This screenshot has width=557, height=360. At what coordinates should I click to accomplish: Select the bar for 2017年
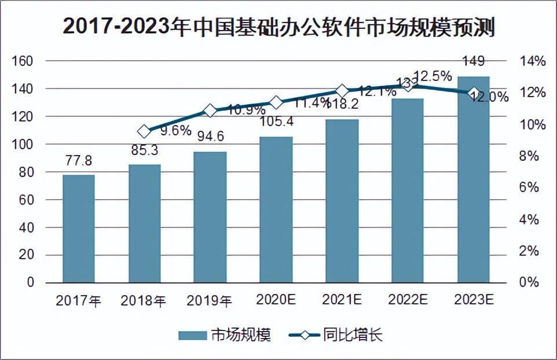(x=78, y=228)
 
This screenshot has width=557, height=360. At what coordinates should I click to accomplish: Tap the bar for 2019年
(x=210, y=217)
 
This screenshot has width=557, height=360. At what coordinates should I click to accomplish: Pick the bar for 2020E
(x=276, y=210)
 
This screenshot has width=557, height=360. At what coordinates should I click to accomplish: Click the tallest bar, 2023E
(x=473, y=179)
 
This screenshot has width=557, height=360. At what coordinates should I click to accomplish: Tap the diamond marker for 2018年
(x=144, y=131)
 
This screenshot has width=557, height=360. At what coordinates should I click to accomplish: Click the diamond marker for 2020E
(x=276, y=102)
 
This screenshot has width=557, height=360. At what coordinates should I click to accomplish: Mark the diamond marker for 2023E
(x=474, y=93)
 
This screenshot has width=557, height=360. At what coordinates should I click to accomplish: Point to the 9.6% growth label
(x=175, y=130)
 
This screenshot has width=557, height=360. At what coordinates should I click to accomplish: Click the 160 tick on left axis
(x=27, y=61)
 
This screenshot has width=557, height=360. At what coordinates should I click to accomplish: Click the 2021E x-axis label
(x=342, y=300)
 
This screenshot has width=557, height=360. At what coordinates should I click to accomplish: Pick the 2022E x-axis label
(x=408, y=300)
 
